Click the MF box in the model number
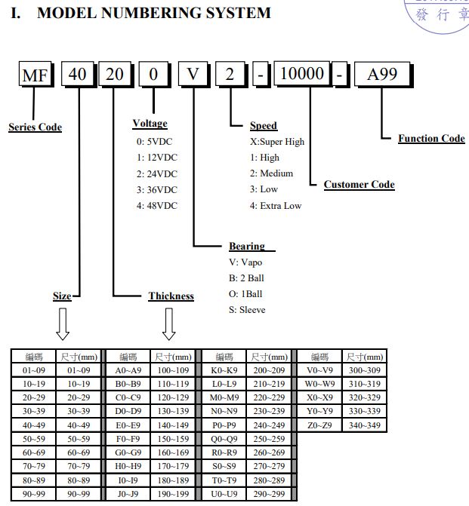point(35,74)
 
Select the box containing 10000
point(302,73)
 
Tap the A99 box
point(383,74)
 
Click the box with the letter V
point(193,74)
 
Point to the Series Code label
point(35,127)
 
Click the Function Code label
point(431,139)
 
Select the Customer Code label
point(359,185)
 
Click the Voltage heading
point(150,124)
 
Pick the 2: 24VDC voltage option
point(157,174)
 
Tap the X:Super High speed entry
point(277,142)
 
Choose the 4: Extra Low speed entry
point(276,206)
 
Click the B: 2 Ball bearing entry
point(246,278)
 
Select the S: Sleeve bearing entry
point(247,310)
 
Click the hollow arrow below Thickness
point(168,324)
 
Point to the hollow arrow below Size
point(63,324)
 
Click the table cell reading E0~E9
point(128,425)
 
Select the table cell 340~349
point(364,425)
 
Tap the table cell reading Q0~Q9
point(224,439)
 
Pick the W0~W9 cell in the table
point(319,384)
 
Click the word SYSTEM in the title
point(238,14)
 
